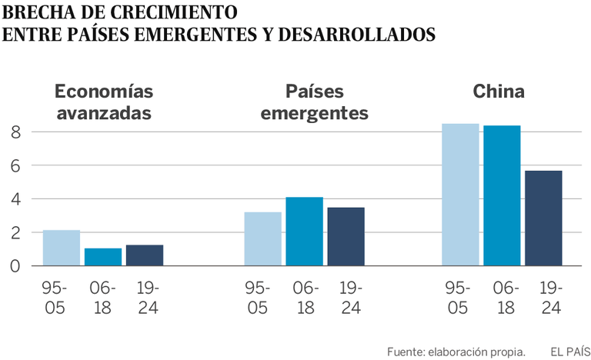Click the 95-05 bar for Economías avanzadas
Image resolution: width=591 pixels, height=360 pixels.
tap(62, 248)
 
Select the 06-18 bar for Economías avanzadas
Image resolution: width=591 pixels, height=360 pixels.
tap(103, 257)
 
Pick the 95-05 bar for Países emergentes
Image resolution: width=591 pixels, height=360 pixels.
tap(262, 238)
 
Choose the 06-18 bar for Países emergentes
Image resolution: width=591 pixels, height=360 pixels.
tap(304, 232)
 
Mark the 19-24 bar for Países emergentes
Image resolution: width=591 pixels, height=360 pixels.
tap(346, 236)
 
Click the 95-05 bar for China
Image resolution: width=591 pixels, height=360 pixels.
tap(460, 195)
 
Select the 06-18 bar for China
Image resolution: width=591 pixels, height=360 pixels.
tap(502, 195)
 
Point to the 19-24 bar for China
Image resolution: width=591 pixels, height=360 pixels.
tap(543, 218)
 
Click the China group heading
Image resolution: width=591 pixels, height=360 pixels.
tap(499, 92)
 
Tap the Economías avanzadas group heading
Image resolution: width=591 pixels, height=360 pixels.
tap(103, 102)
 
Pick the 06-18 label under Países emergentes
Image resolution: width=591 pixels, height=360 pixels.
tap(306, 298)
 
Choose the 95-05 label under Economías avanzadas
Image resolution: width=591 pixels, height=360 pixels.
tap(55, 298)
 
